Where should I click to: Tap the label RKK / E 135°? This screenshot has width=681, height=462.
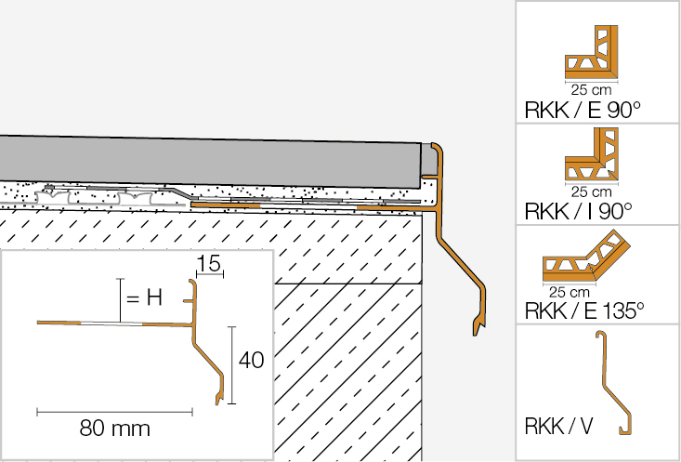tap(584, 310)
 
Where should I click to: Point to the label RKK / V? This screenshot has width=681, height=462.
tap(556, 429)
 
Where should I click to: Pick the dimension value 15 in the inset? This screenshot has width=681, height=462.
tap(208, 267)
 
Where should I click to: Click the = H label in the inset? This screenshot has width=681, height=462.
tap(145, 298)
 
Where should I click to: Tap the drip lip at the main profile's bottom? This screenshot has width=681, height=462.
tap(479, 323)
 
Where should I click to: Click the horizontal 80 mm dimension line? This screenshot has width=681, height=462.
tap(114, 410)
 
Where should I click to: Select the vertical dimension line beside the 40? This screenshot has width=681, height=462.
tap(232, 364)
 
